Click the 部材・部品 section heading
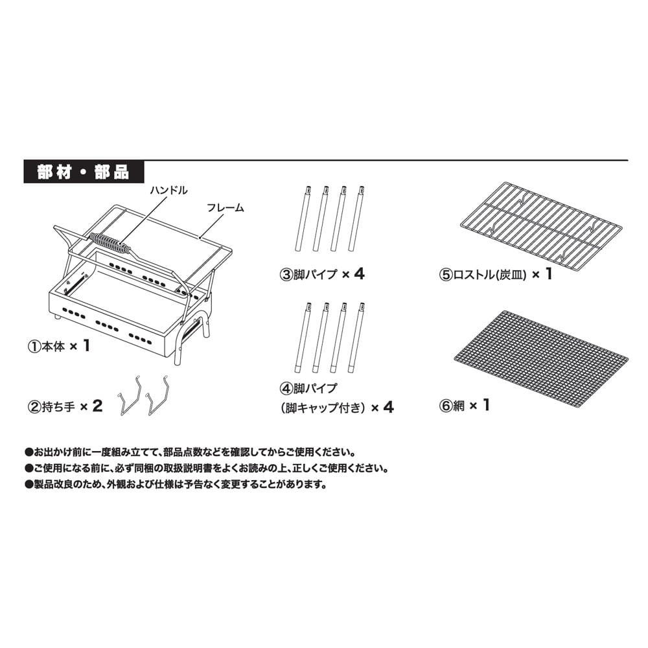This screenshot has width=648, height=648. click(x=84, y=172)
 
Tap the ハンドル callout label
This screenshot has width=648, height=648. click(x=168, y=190)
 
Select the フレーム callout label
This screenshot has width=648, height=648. click(x=226, y=208)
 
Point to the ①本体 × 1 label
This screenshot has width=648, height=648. click(x=59, y=346)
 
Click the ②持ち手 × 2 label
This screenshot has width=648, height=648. click(x=65, y=406)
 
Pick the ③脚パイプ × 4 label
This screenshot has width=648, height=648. click(x=322, y=274)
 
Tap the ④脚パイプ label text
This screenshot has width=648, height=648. click(x=308, y=388)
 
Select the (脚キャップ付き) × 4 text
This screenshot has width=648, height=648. click(x=337, y=408)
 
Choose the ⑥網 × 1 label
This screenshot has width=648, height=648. click(x=465, y=406)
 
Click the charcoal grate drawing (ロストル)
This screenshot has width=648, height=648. click(x=541, y=226)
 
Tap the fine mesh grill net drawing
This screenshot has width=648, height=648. click(x=541, y=359)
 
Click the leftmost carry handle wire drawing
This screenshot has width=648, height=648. click(x=130, y=395)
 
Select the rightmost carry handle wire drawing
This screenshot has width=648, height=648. click(x=157, y=395)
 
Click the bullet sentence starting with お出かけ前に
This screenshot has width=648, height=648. click(x=190, y=452)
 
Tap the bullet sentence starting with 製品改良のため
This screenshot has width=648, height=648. click(x=176, y=484)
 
